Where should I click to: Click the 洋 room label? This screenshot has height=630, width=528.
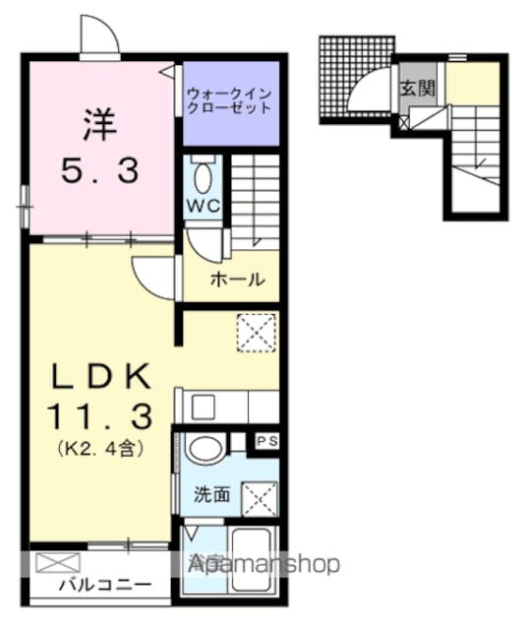click(x=99, y=125)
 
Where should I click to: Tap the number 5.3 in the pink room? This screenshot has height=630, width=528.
click(x=99, y=171)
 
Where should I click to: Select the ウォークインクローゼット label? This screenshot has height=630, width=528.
click(x=230, y=100)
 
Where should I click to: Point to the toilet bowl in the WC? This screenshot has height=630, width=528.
click(x=204, y=178)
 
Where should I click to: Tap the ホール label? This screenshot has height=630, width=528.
click(x=237, y=280)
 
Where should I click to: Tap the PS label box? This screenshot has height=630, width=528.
click(x=266, y=442)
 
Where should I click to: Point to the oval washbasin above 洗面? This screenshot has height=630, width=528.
click(x=205, y=450)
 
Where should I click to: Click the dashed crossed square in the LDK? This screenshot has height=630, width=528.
click(x=257, y=332)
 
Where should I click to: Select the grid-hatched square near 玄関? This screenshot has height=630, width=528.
click(x=354, y=79)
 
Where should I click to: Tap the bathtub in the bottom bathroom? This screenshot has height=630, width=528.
click(x=252, y=560)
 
